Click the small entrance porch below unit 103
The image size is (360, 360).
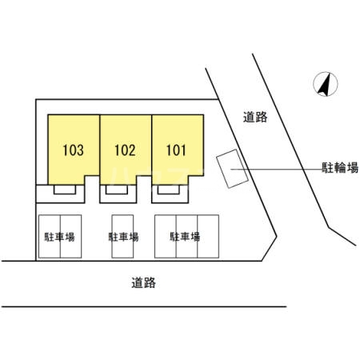point(66,191)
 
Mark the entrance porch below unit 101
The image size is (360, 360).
point(167,191)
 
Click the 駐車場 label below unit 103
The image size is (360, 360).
point(59,237)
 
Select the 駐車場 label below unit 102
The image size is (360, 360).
point(123,237)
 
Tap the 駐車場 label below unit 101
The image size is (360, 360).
point(185,237)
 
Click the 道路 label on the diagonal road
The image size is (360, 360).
point(255,118)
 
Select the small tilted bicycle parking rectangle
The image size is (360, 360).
point(233,170)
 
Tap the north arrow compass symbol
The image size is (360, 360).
point(323,84)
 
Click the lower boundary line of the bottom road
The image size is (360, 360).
point(144,306)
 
